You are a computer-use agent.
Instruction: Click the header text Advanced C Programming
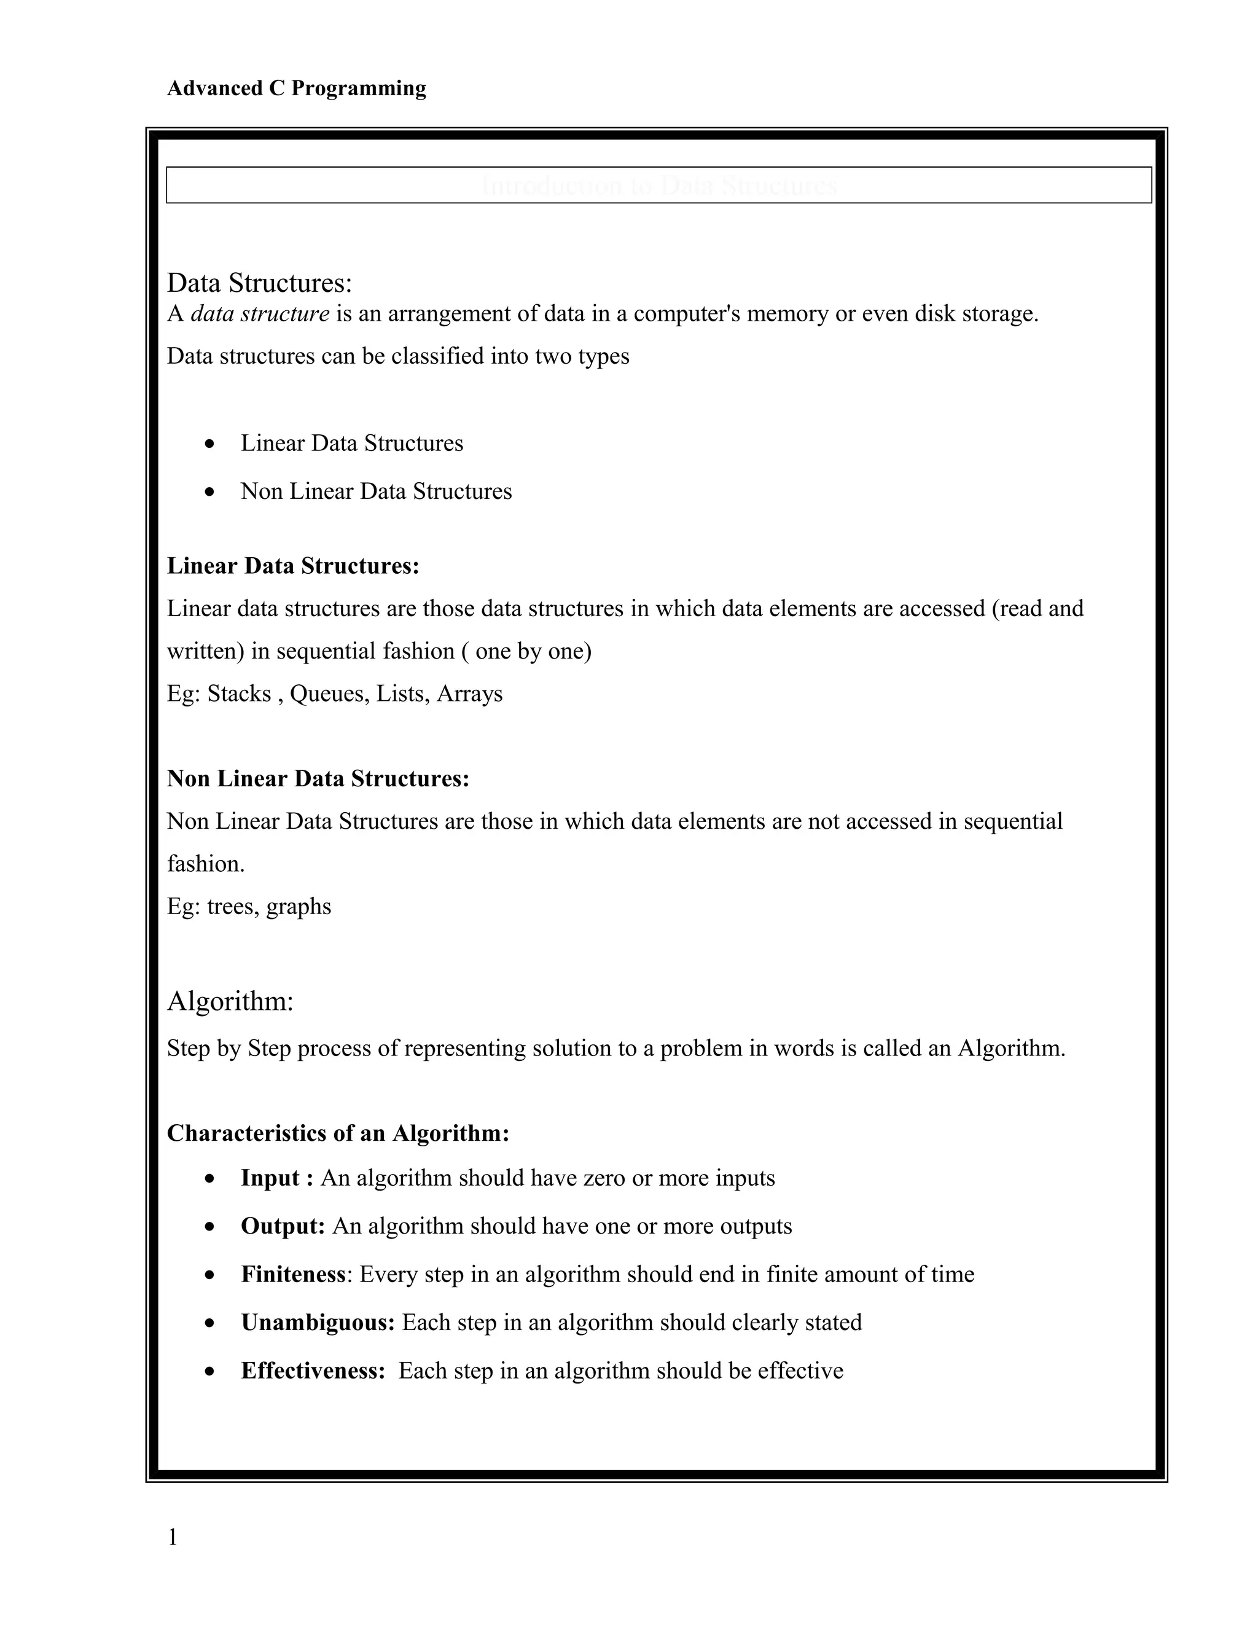296,88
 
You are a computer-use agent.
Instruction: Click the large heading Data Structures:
259,283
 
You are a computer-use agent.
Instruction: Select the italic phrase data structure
259,314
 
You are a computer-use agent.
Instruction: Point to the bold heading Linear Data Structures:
293,566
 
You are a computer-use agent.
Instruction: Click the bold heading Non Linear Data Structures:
318,778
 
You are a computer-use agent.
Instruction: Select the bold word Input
270,1178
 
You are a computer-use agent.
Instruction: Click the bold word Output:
283,1226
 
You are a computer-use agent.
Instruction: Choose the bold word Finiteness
293,1274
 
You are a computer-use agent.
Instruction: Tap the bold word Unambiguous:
318,1323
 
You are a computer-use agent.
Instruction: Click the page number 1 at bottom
172,1537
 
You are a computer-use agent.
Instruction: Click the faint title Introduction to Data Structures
659,185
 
